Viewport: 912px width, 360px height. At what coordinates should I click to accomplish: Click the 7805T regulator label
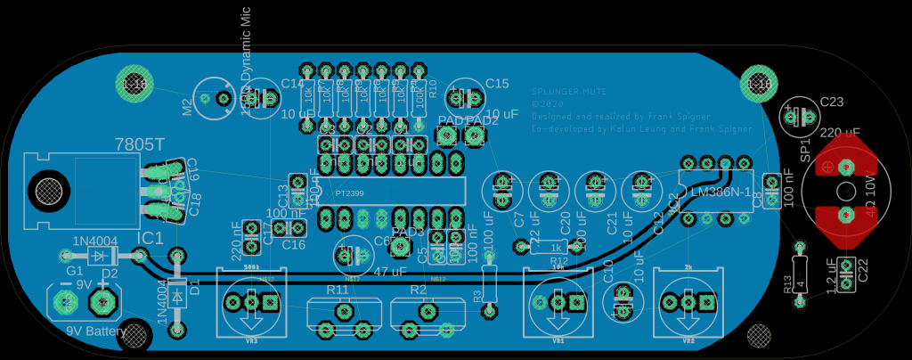click(x=140, y=144)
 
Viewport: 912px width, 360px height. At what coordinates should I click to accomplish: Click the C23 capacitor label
click(x=831, y=102)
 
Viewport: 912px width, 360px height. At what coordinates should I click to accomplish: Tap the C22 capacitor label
click(x=861, y=270)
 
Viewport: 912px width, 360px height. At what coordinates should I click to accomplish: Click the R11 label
click(x=338, y=290)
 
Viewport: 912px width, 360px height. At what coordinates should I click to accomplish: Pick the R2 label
click(x=419, y=290)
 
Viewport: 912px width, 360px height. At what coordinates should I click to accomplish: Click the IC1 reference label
click(x=151, y=238)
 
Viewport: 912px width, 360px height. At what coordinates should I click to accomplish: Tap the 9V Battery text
click(x=96, y=332)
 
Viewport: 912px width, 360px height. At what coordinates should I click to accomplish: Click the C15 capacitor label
click(x=496, y=84)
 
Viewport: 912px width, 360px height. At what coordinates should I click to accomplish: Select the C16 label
click(x=293, y=244)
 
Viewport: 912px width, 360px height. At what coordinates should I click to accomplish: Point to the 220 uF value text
click(x=841, y=133)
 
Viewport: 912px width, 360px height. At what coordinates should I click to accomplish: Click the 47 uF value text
click(x=391, y=272)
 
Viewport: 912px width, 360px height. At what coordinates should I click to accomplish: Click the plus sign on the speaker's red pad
click(x=827, y=168)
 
